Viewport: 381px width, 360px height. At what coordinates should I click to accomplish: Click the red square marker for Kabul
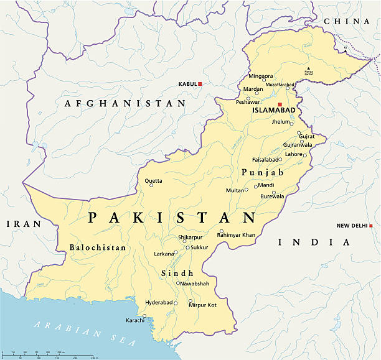point(200,83)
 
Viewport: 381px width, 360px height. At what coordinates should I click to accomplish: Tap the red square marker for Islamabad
point(280,104)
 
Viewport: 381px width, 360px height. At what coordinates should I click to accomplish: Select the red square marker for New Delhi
point(370,226)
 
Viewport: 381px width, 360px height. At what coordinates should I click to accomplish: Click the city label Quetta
point(153,181)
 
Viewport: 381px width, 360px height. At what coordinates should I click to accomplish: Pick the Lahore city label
point(293,154)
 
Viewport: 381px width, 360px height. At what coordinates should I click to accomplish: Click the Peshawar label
point(247,101)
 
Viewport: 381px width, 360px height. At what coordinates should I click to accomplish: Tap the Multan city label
point(234,190)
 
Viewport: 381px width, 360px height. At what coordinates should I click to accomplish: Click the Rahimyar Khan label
point(236,235)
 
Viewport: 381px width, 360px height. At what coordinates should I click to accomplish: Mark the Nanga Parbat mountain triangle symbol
point(308,68)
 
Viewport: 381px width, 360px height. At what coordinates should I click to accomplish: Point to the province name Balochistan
point(98,247)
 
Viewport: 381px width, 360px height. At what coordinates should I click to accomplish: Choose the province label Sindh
point(177,273)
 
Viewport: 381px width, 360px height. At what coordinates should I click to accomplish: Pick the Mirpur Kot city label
point(203,305)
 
